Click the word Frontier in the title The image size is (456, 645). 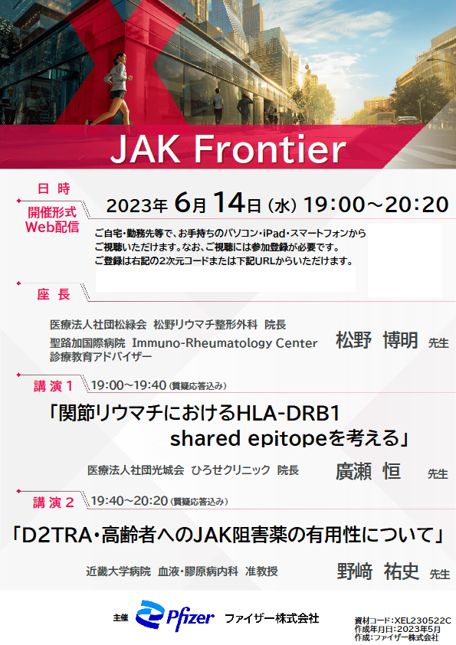270,149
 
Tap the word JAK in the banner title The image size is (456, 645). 146,149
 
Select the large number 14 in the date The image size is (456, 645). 229,202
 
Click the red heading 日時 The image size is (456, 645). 54,188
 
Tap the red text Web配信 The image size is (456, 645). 52,227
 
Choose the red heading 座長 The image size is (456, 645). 54,294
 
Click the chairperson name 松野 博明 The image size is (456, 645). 377,340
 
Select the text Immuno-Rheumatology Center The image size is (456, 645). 225,343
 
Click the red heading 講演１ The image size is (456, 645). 53,386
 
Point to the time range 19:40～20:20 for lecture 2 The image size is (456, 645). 130,501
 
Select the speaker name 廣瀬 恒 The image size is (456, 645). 369,471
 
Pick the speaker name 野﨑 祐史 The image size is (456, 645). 378,571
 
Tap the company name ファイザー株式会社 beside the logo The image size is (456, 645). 271,618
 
